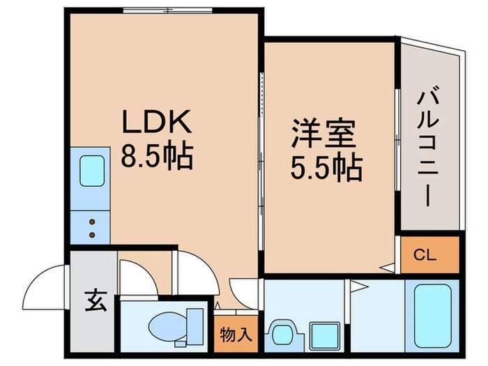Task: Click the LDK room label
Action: click(x=157, y=121)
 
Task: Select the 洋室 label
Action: click(x=323, y=133)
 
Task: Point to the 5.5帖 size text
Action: click(x=326, y=168)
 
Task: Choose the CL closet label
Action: click(x=425, y=255)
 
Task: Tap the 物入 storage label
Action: click(x=236, y=335)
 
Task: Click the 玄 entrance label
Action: click(x=96, y=301)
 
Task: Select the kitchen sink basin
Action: click(x=92, y=171)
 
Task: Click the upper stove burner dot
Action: click(x=92, y=222)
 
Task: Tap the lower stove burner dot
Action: click(x=92, y=235)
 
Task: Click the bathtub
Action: click(x=433, y=316)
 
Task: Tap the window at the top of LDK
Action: click(x=168, y=10)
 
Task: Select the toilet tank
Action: click(x=195, y=327)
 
